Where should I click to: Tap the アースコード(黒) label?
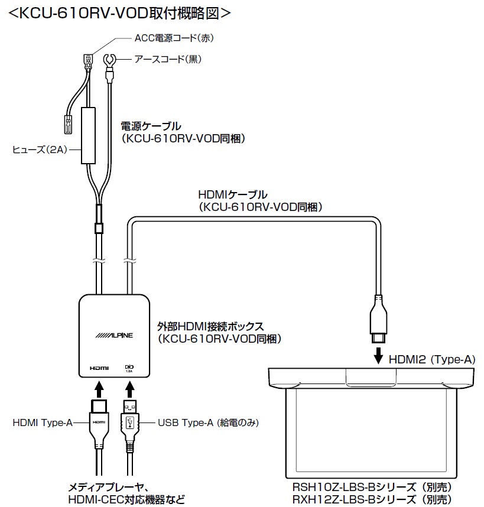pos(165,59)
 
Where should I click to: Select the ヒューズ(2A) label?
pos(39,149)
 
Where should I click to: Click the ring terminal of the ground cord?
pos(109,60)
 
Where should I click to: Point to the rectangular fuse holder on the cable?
pos(89,135)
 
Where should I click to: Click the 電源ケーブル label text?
pos(151,126)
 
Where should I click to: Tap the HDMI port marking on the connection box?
pos(99,368)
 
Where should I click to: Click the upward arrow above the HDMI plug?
pos(99,389)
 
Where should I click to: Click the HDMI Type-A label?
pos(42,422)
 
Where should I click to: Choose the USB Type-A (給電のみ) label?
pos(209,422)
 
